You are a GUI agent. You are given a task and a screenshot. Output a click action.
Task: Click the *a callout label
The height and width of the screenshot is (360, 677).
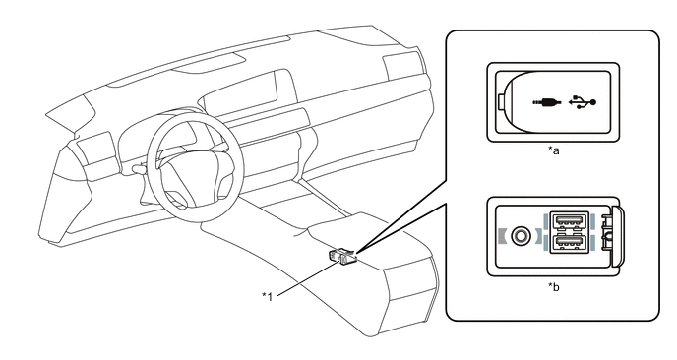[x=554, y=150]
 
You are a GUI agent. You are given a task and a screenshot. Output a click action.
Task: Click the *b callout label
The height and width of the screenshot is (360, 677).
[x=554, y=286]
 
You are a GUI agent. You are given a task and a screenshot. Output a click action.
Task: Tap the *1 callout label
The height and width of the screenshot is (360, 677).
[x=268, y=296]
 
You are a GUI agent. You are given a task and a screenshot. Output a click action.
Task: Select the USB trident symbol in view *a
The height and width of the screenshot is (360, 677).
[x=583, y=102]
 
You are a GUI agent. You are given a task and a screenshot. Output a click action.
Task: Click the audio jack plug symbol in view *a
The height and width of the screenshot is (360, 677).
[x=546, y=102]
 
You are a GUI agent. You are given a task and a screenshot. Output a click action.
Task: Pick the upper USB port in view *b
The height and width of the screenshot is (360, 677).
[x=568, y=221]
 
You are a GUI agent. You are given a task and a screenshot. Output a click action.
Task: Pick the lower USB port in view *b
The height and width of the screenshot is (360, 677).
[x=568, y=243]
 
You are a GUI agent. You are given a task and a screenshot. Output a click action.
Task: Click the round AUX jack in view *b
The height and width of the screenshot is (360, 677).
[x=520, y=236]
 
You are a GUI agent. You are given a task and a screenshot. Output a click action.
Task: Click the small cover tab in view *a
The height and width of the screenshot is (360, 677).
[x=500, y=102]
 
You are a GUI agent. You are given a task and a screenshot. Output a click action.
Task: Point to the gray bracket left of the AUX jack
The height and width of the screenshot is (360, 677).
[x=501, y=236]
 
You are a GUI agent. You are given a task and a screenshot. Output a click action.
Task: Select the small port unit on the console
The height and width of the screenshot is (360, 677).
[x=342, y=257]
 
